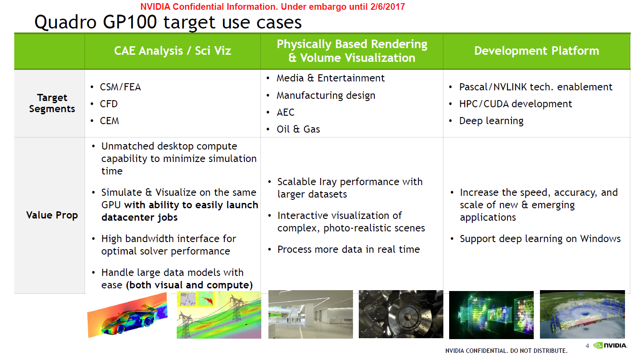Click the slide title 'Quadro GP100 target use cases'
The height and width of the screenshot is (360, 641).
pos(168,22)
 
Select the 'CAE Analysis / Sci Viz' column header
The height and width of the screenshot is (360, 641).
pos(173,51)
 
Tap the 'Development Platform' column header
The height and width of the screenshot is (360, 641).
pos(536,51)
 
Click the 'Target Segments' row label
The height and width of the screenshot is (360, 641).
pos(52,103)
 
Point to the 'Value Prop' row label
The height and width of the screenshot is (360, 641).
pos(52,215)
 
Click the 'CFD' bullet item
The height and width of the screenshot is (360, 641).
pos(109,104)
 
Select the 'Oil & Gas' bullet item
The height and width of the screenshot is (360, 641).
pos(298,129)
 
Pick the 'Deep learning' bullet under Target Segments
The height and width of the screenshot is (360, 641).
pos(491,121)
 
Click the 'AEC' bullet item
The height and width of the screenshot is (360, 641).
pos(285,113)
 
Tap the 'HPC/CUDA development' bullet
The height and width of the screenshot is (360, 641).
pos(515,104)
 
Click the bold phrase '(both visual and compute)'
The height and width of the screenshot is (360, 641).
pos(190,285)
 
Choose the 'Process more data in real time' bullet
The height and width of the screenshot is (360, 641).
pos(349,249)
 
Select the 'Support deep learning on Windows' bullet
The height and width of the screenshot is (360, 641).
pos(540,239)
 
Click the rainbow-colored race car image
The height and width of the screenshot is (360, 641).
pos(127,315)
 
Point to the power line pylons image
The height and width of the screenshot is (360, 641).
pos(219,315)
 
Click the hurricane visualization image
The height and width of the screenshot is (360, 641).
pos(582,315)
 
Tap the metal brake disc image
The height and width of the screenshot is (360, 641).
pos(401,314)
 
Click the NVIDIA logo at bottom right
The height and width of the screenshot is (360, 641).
pos(610,345)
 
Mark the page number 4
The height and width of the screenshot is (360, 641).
pos(587,346)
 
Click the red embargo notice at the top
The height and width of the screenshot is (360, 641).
pos(272,7)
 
